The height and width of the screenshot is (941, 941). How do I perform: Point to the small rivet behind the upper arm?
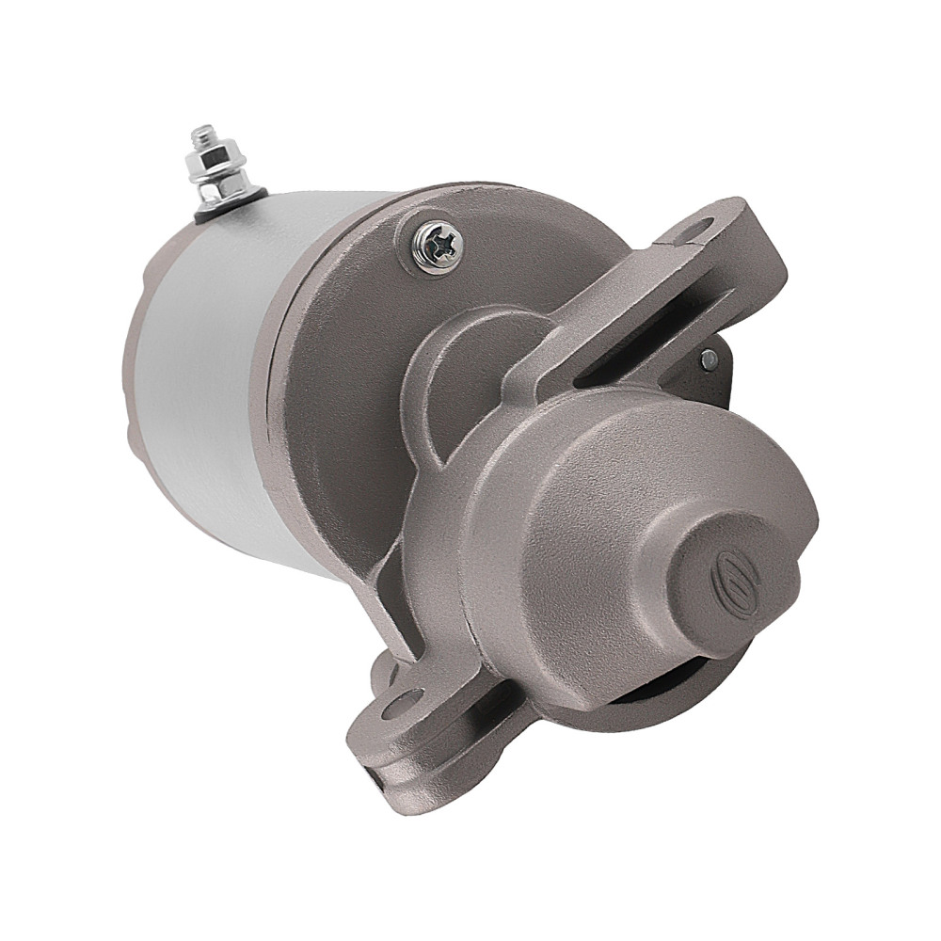click(708, 357)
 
